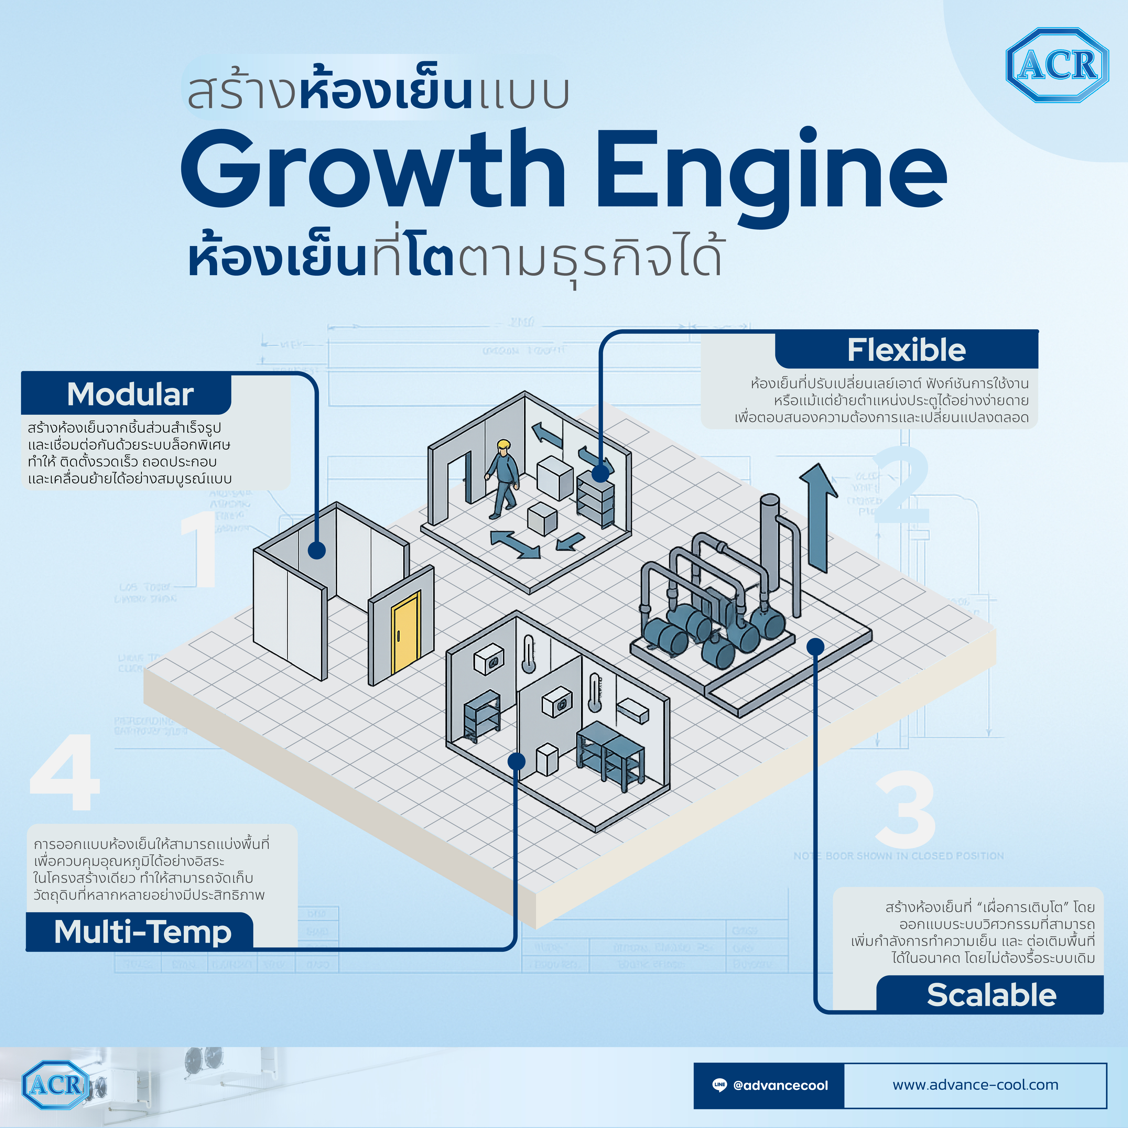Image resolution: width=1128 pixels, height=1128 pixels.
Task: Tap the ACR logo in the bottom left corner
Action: coord(55,1085)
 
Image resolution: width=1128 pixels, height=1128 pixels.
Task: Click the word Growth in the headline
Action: coord(374,169)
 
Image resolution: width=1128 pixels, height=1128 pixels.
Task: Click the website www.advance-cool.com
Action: coord(975,1085)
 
